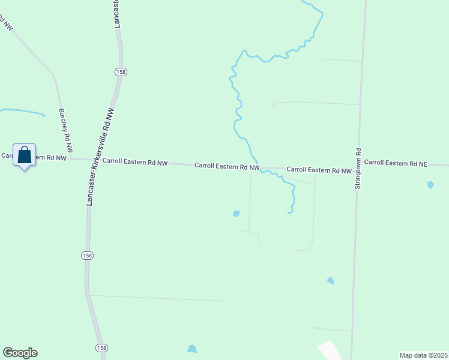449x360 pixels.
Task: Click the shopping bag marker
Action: click(24, 155)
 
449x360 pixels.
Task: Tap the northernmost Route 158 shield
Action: click(121, 71)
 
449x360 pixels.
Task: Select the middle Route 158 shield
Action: click(88, 255)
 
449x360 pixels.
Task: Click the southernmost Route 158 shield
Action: click(102, 348)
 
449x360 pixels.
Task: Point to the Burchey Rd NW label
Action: click(66, 130)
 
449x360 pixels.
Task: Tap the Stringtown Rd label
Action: click(357, 170)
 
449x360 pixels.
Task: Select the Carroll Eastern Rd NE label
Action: click(395, 163)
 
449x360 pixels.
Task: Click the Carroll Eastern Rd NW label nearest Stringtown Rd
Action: click(319, 170)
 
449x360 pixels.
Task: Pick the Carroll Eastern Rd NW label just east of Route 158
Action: click(135, 161)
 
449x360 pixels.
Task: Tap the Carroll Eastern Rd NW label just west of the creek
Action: click(227, 166)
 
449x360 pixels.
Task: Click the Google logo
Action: click(20, 353)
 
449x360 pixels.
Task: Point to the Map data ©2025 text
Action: click(424, 355)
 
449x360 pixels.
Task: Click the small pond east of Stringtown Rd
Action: click(430, 185)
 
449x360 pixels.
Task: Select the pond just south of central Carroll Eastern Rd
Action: click(237, 214)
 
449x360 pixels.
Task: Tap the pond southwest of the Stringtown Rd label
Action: click(330, 280)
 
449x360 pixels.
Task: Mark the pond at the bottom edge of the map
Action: click(192, 349)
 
